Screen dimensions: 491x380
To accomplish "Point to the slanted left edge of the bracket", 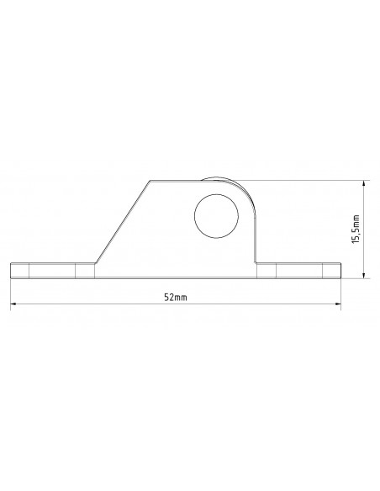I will pos(121,220).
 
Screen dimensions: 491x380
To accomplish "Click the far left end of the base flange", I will pos(11,270).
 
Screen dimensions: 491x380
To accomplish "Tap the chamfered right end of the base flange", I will pos(338,269).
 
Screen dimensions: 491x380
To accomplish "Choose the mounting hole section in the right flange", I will pos(299,270).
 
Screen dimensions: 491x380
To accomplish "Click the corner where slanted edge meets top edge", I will pos(150,179).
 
